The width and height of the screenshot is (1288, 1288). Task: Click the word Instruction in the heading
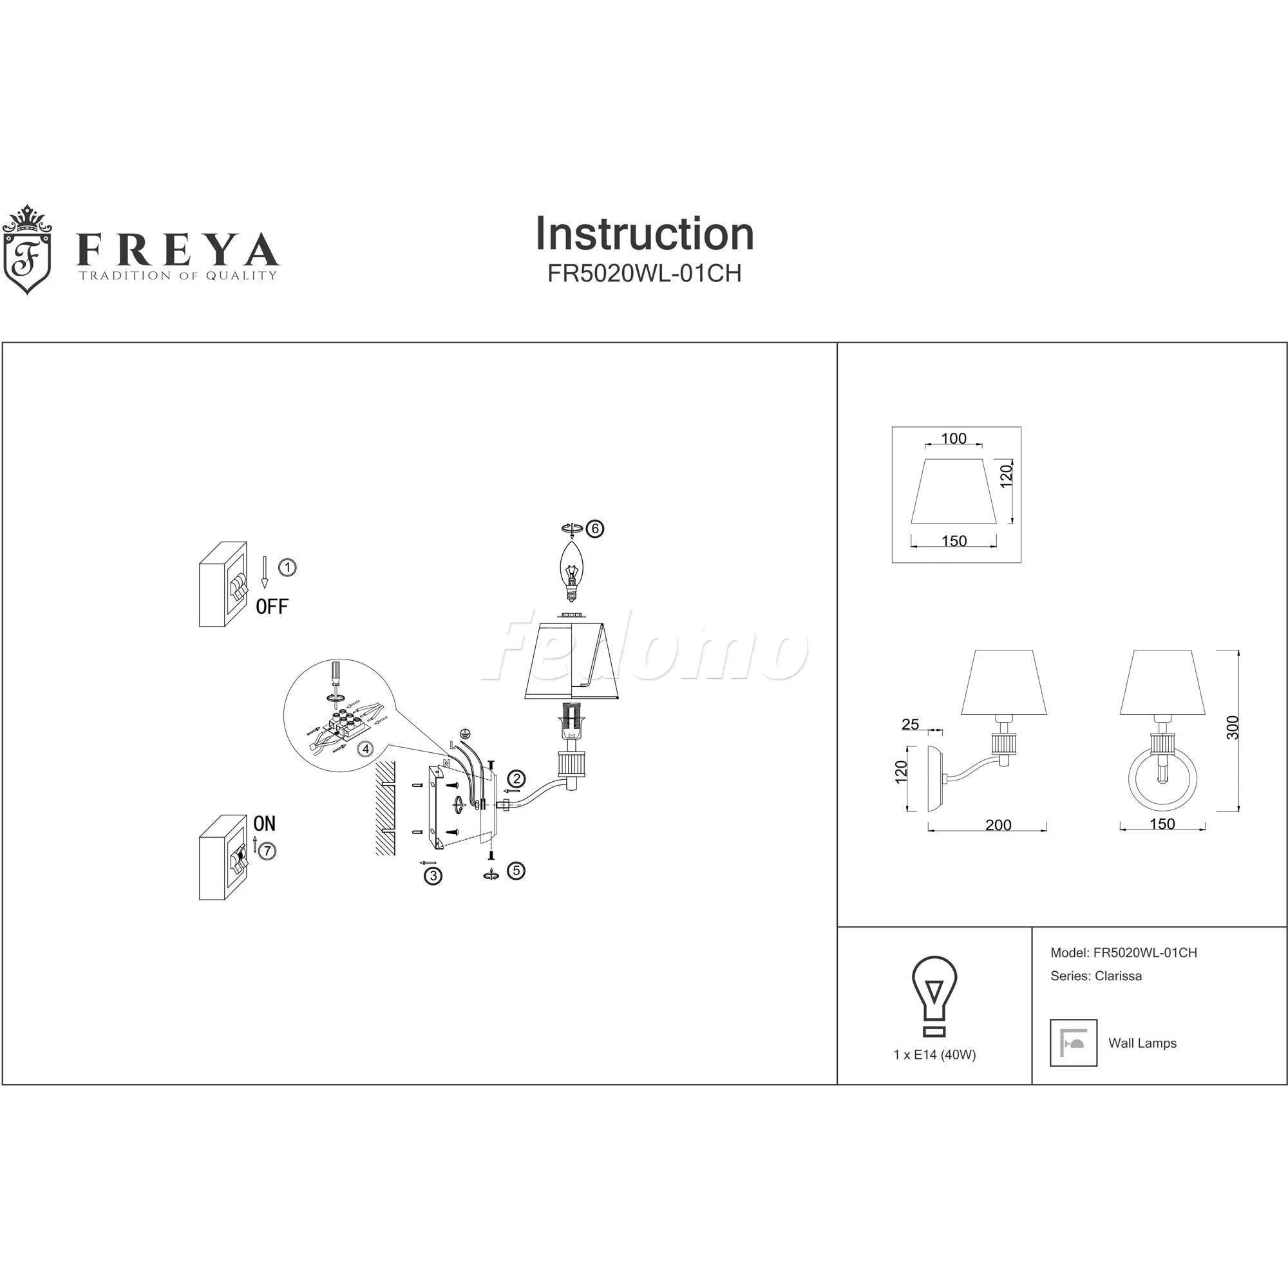pos(644,234)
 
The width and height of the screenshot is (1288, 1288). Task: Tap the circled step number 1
pos(287,567)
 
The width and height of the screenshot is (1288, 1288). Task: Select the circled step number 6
pos(594,529)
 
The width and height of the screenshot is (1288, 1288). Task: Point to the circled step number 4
pos(365,749)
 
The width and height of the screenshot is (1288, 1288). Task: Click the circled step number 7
pos(267,851)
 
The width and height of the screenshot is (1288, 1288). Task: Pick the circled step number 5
pos(515,870)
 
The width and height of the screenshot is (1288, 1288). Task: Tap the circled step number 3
pos(433,875)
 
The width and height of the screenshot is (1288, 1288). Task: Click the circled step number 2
pos(515,778)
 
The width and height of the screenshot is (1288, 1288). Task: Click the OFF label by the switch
pos(272,607)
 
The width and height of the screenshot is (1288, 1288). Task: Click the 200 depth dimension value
pos(998,825)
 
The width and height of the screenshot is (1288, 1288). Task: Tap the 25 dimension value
pos(910,724)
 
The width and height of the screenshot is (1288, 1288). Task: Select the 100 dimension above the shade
pos(953,438)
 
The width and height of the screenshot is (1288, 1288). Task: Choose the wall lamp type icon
pos(1074,1043)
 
